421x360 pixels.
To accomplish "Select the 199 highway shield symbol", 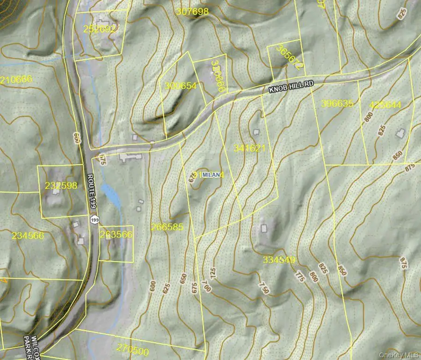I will tap(95, 219).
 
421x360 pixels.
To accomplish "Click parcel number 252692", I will tap(100, 29).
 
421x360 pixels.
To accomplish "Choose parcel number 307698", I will tap(193, 12).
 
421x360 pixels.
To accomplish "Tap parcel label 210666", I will tap(16, 79).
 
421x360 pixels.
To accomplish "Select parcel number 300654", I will tap(181, 86).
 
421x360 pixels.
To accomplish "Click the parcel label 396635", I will tap(337, 104).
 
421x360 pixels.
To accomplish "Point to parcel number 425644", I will tap(385, 105).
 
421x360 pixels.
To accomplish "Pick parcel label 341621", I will tap(250, 148).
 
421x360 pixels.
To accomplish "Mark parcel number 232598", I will tap(61, 186).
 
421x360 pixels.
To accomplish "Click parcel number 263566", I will tap(116, 235).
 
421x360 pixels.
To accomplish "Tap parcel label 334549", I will tap(279, 259).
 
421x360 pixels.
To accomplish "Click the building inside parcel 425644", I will tap(400, 134).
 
